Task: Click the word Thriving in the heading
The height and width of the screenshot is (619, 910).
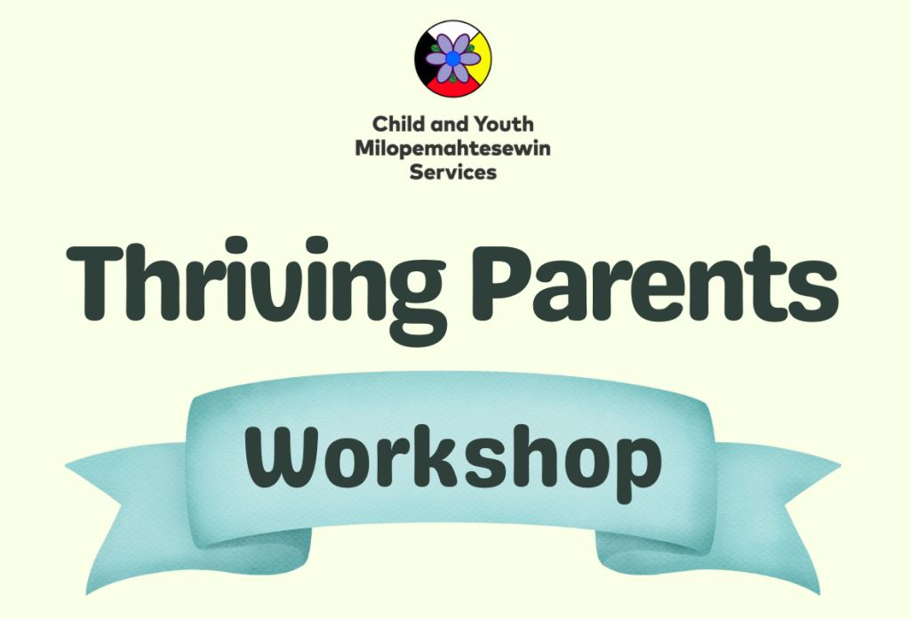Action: pyautogui.click(x=257, y=290)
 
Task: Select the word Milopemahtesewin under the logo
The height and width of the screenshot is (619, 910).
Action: pyautogui.click(x=452, y=148)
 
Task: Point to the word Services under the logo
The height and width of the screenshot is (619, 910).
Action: pyautogui.click(x=452, y=172)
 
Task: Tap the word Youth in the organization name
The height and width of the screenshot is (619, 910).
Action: pyautogui.click(x=504, y=124)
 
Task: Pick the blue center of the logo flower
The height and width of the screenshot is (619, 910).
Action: pyautogui.click(x=452, y=58)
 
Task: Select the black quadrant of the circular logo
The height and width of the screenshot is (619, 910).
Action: pyautogui.click(x=424, y=58)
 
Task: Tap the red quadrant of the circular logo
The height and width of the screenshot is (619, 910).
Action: pyautogui.click(x=453, y=87)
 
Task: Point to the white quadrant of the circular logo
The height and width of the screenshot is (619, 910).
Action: pyautogui.click(x=452, y=28)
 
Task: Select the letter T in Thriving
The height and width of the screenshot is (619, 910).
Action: pyautogui.click(x=95, y=283)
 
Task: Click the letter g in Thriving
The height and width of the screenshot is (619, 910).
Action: pyautogui.click(x=417, y=302)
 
